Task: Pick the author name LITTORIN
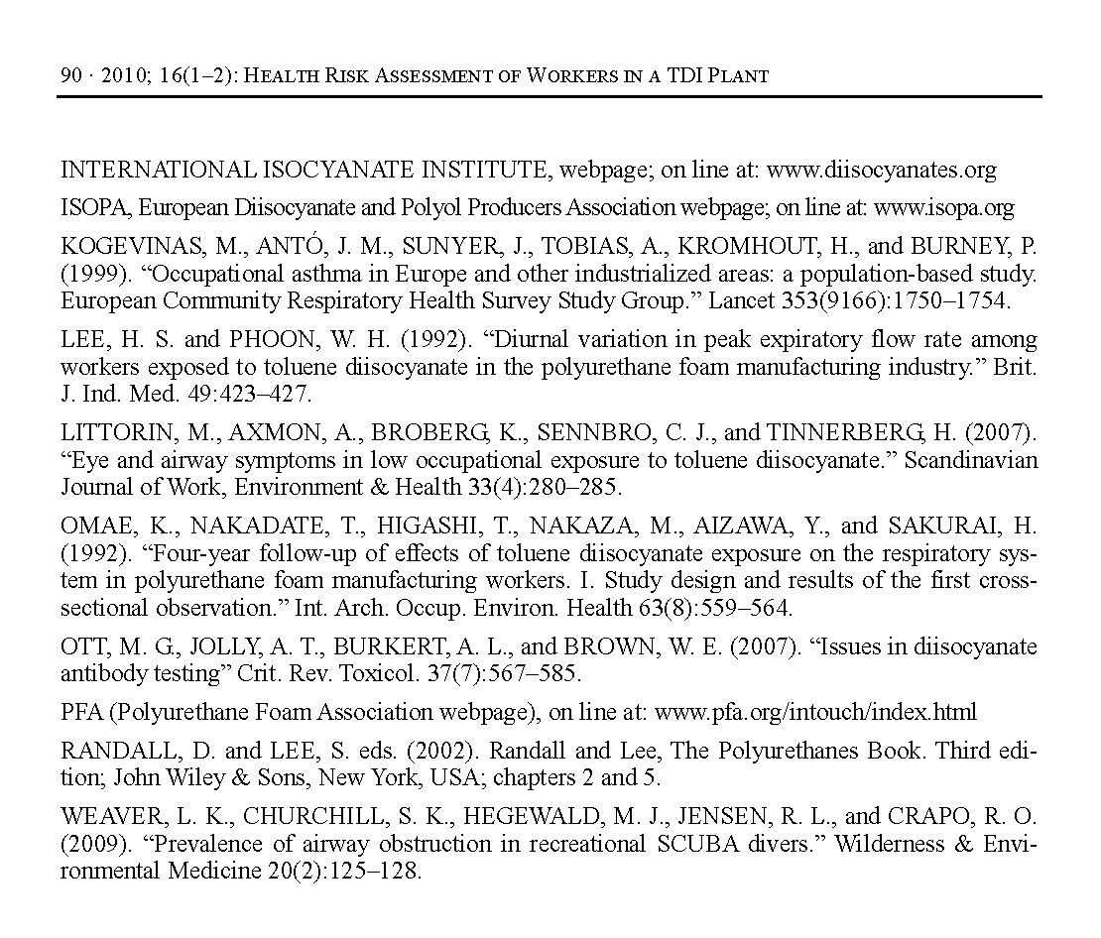[x=112, y=433]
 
